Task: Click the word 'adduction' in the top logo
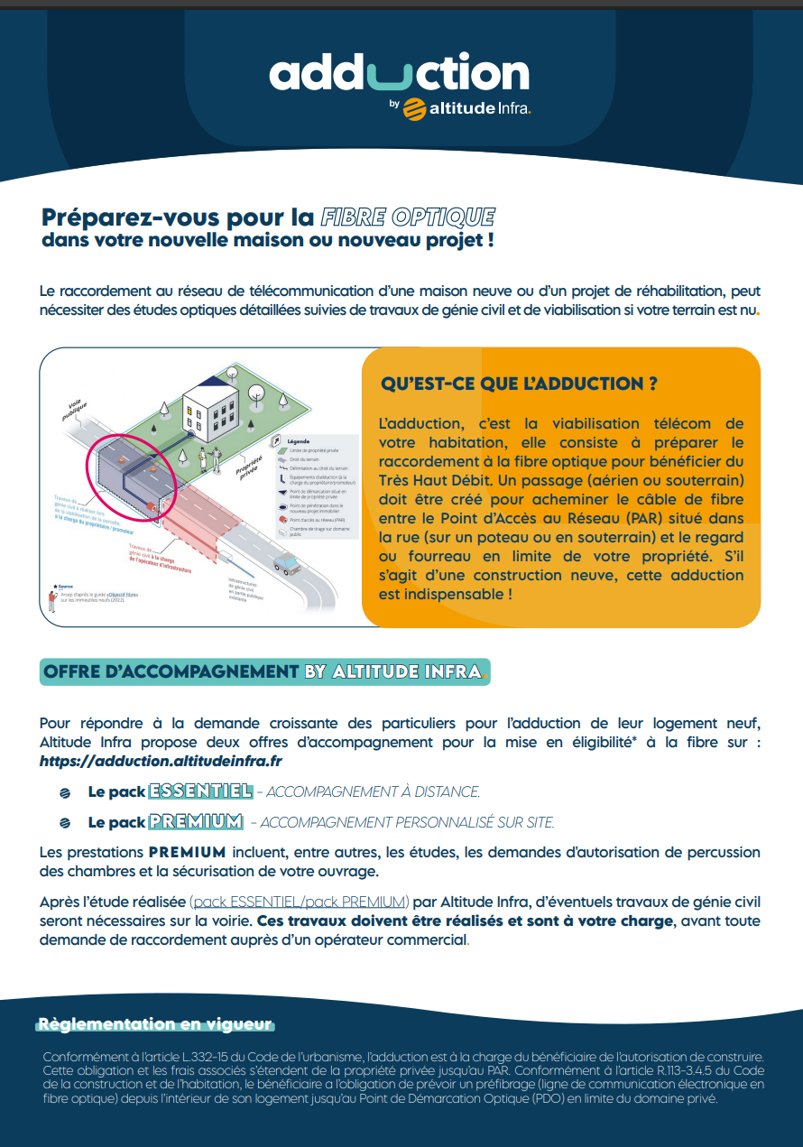(x=399, y=73)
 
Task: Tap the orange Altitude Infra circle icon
(x=416, y=108)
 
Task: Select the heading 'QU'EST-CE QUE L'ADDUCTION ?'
(x=519, y=384)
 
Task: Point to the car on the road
(x=287, y=564)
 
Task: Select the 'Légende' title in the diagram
(x=298, y=440)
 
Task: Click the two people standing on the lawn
(x=210, y=458)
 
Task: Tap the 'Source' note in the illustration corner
(x=65, y=586)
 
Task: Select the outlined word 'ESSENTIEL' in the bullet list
(x=200, y=791)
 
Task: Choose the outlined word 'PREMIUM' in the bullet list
(x=197, y=822)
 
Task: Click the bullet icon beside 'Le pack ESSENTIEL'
(x=65, y=792)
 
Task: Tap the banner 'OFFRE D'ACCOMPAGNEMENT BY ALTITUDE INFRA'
(x=265, y=671)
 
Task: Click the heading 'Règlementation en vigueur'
(x=154, y=1024)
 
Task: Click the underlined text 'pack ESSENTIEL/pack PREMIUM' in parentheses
(x=300, y=902)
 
